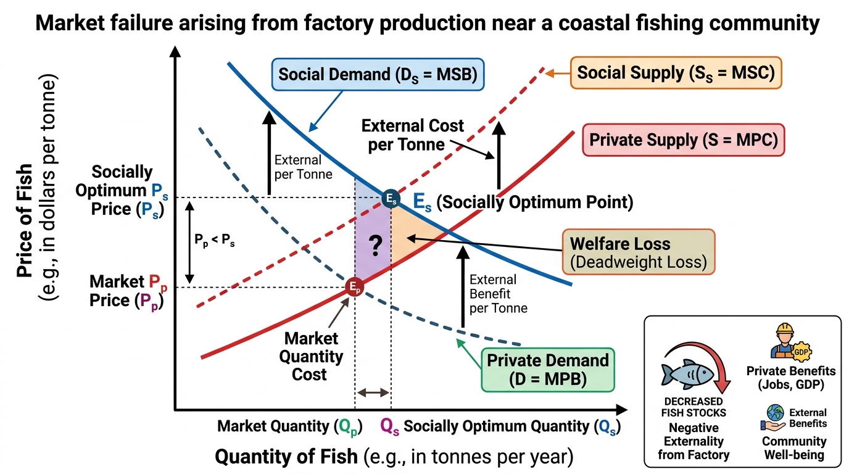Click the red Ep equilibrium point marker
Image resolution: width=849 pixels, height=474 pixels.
click(x=354, y=287)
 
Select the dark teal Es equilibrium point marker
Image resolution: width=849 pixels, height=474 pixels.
click(x=391, y=198)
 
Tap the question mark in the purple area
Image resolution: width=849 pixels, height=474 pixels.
click(x=375, y=246)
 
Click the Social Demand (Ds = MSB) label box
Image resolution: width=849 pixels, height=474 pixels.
click(x=378, y=74)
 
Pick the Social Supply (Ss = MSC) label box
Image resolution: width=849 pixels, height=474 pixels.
click(x=676, y=73)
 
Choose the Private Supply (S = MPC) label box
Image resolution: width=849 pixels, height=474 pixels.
click(x=684, y=140)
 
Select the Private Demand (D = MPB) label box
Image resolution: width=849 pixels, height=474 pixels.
click(x=548, y=370)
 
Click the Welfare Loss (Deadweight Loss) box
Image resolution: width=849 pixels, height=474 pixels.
click(x=638, y=252)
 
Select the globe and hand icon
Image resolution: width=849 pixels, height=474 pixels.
click(x=773, y=417)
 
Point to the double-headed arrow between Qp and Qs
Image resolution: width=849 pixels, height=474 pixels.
click(x=373, y=393)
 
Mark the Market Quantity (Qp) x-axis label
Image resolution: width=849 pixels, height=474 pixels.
click(x=290, y=427)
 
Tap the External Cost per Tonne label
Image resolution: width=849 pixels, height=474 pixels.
click(x=412, y=135)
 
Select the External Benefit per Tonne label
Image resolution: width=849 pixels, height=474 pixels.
click(x=499, y=294)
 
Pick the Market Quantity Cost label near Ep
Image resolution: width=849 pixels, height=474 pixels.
click(x=311, y=356)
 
